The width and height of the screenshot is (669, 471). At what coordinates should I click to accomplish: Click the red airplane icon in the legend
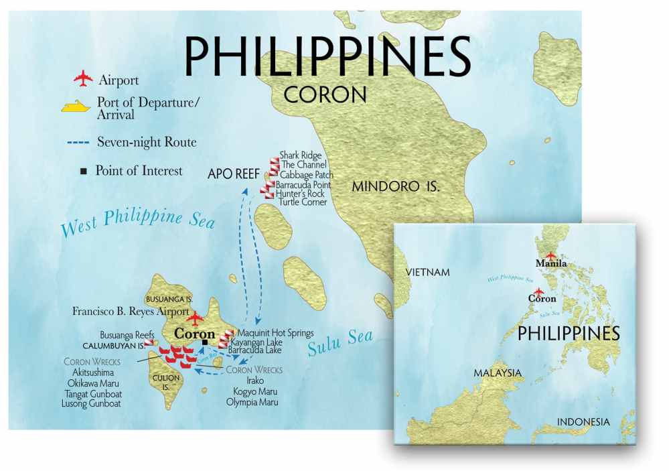pyautogui.click(x=82, y=79)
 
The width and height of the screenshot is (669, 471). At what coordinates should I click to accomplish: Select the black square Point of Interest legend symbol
pyautogui.click(x=83, y=171)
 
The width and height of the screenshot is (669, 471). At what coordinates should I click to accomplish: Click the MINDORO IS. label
pyautogui.click(x=396, y=186)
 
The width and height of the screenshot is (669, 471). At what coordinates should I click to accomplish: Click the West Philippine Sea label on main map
pyautogui.click(x=137, y=223)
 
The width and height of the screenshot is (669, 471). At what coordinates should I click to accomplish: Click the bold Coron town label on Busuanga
pyautogui.click(x=194, y=334)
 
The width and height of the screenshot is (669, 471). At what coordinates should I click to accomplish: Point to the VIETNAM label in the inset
pyautogui.click(x=428, y=272)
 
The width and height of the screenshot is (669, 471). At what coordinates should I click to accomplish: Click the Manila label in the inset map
pyautogui.click(x=552, y=264)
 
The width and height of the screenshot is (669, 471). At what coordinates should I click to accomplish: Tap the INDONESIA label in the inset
pyautogui.click(x=583, y=422)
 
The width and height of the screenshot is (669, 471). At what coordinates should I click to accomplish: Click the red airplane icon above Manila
pyautogui.click(x=550, y=255)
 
